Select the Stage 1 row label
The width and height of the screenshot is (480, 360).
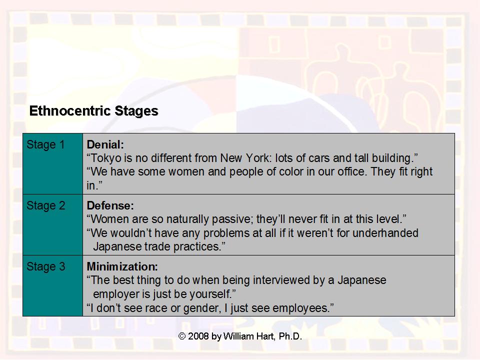pos(45,145)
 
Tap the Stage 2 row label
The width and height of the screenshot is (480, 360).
pos(45,206)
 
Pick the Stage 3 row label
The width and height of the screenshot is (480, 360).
pos(45,267)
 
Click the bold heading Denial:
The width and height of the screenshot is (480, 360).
pos(105,145)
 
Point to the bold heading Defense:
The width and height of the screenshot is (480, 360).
pos(110,206)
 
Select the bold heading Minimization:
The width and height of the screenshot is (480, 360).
pos(122,267)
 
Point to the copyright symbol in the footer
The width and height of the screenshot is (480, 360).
pos(182,336)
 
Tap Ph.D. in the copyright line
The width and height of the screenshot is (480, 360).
pos(290,336)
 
